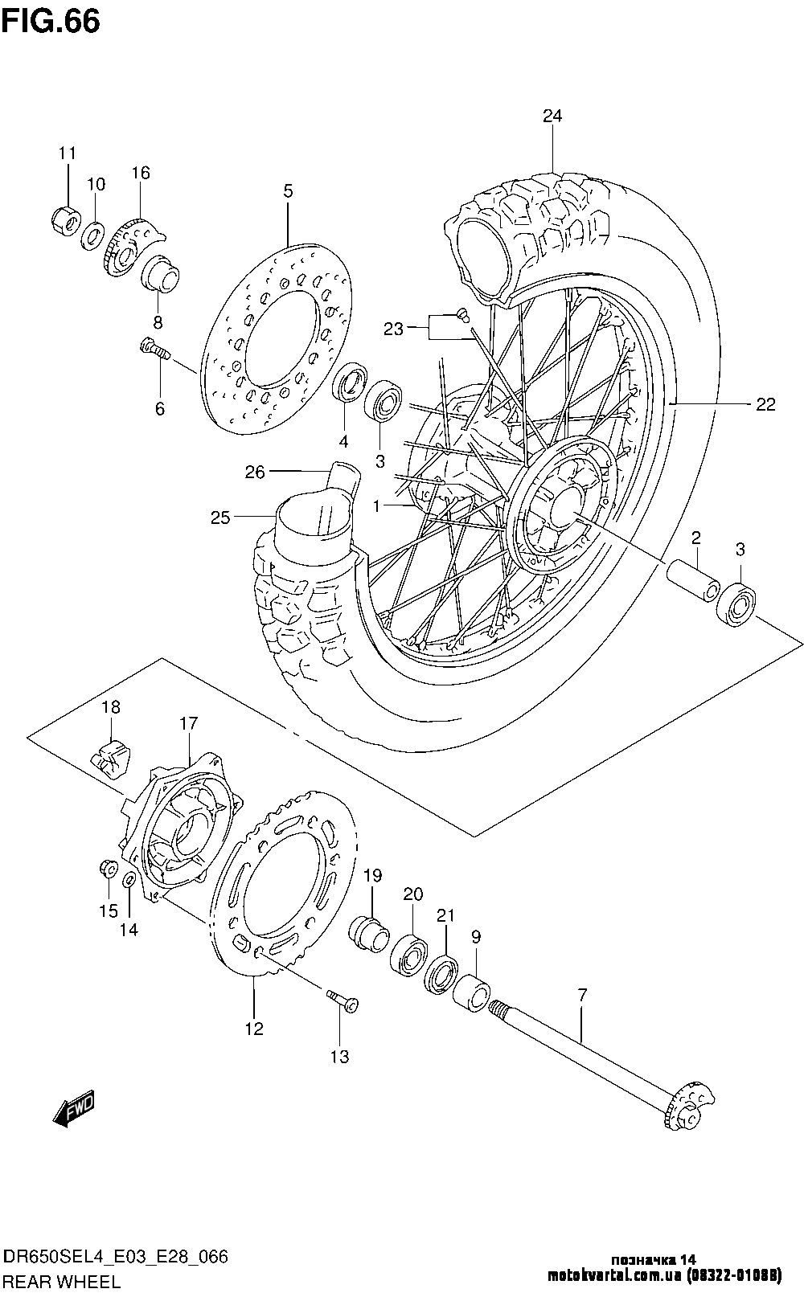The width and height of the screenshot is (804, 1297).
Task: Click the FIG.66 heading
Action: [x=51, y=22]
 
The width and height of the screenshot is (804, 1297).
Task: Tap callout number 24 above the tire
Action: [x=552, y=116]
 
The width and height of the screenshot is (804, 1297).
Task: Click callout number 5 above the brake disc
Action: [x=288, y=191]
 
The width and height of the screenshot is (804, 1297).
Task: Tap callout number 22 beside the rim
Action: [x=765, y=404]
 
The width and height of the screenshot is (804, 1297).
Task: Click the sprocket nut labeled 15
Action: [x=109, y=869]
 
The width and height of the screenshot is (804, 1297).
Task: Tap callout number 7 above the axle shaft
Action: [x=582, y=995]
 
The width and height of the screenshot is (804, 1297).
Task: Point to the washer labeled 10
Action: [x=92, y=235]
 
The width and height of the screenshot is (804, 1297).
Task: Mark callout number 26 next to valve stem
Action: [x=254, y=473]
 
